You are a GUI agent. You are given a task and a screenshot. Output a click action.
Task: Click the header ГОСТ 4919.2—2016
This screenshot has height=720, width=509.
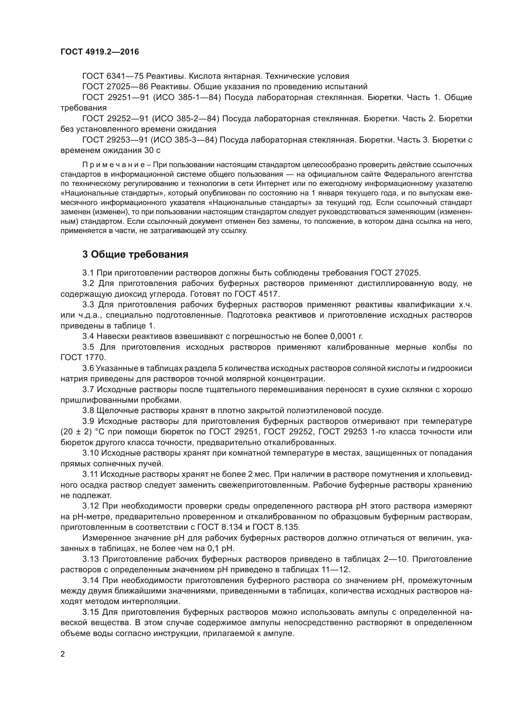[100, 52]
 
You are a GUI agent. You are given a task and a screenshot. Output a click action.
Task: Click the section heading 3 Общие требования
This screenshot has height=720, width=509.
[135, 254]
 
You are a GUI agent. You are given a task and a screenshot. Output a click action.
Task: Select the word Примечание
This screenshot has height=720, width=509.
[114, 165]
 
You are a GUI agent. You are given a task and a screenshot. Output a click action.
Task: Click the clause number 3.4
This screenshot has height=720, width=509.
[88, 336]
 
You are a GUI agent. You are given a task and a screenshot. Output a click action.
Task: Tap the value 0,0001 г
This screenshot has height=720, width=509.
[347, 336]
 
